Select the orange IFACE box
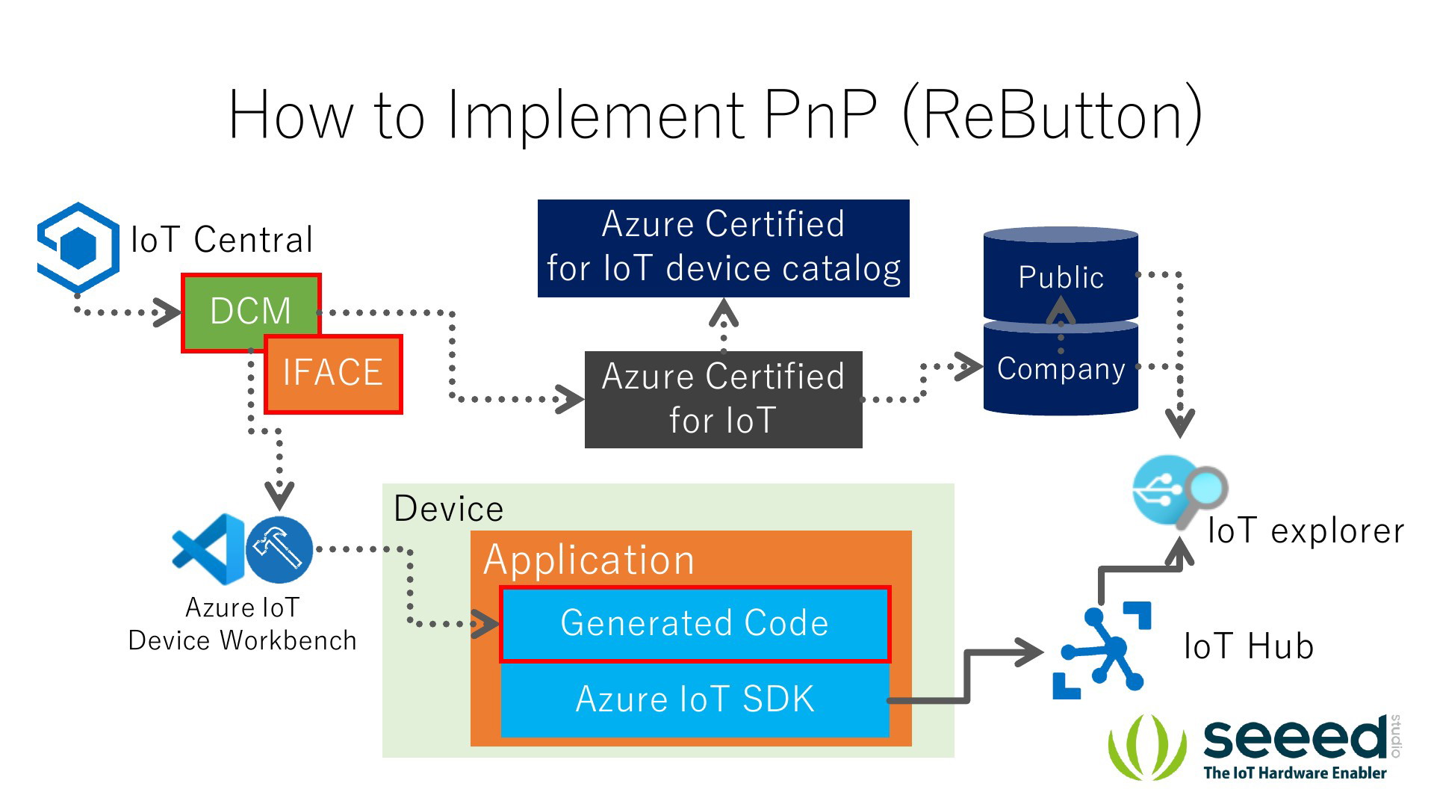pyautogui.click(x=333, y=374)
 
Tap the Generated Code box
pyautogui.click(x=695, y=624)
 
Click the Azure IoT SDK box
pyautogui.click(x=695, y=700)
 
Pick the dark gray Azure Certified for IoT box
pyautogui.click(x=723, y=400)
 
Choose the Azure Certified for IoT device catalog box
pyautogui.click(x=723, y=248)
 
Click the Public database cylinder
pyautogui.click(x=1061, y=275)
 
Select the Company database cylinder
pyautogui.click(x=1061, y=368)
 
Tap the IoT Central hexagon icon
pyautogui.click(x=78, y=247)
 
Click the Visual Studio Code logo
pyautogui.click(x=208, y=549)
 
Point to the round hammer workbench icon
pyautogui.click(x=279, y=550)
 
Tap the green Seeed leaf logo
pyautogui.click(x=1147, y=747)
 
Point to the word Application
pyautogui.click(x=589, y=560)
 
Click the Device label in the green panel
pyautogui.click(x=448, y=509)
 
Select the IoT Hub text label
pyautogui.click(x=1249, y=646)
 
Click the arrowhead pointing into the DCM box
pyautogui.click(x=167, y=312)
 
